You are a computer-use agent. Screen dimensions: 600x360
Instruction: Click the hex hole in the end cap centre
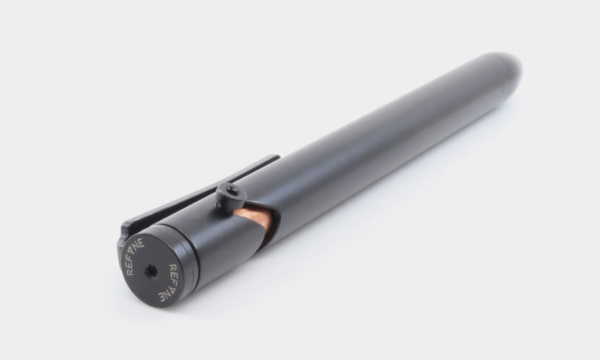(151, 272)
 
